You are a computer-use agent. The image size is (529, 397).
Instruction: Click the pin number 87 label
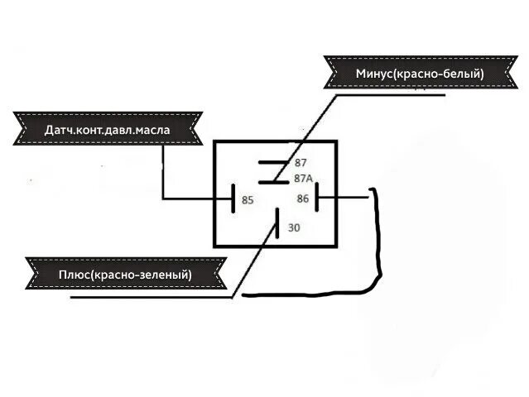point(301,163)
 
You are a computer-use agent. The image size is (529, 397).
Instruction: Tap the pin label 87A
point(303,179)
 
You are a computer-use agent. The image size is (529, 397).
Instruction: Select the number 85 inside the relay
point(248,199)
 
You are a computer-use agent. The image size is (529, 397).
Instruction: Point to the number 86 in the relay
point(302,198)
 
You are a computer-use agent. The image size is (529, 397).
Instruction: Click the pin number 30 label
point(294,227)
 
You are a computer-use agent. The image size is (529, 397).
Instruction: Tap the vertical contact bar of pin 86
point(317,198)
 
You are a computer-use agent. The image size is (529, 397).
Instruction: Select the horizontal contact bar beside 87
point(272,163)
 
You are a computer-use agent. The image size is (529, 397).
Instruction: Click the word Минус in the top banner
point(375,74)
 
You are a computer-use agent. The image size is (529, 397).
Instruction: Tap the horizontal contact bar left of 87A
point(272,181)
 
